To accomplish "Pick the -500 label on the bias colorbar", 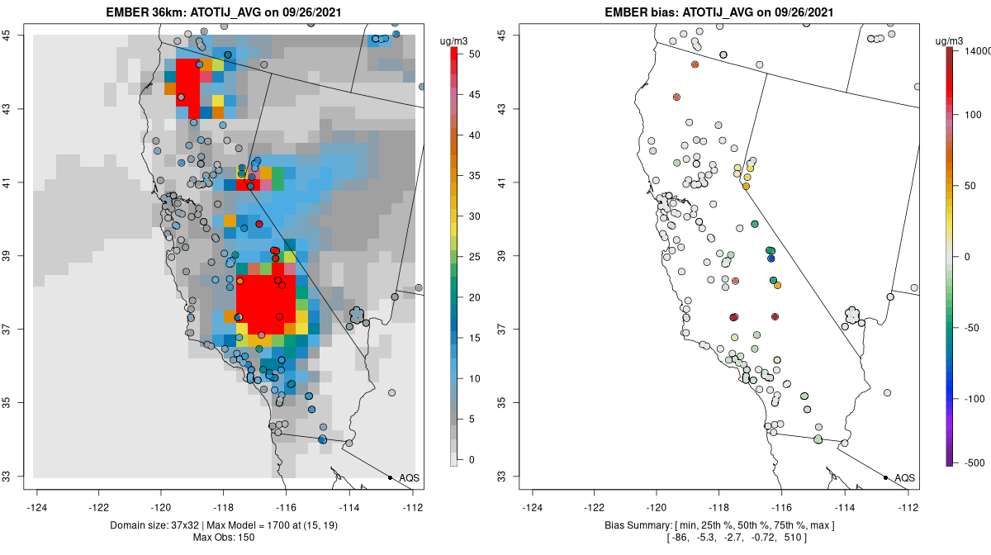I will pyautogui.click(x=974, y=462).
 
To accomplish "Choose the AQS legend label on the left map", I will pyautogui.click(x=409, y=478).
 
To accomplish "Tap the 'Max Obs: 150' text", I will pyautogui.click(x=225, y=538).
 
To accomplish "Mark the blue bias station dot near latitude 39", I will pyautogui.click(x=771, y=259).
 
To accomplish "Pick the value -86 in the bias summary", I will pyautogui.click(x=680, y=538).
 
